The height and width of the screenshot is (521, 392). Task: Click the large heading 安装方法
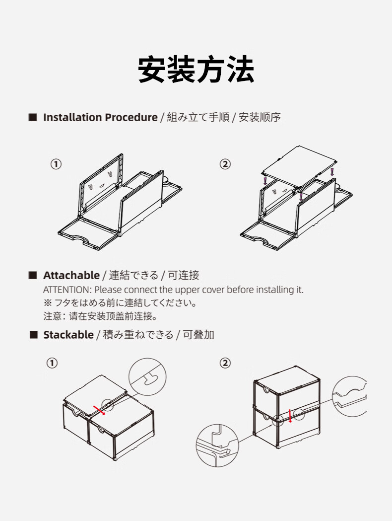[x=196, y=69]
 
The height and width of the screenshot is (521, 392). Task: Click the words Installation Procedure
[x=100, y=118]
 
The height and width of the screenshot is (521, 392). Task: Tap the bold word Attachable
[x=71, y=275]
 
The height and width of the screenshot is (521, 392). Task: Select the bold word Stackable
[x=68, y=335]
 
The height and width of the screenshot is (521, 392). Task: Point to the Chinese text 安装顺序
[x=260, y=118]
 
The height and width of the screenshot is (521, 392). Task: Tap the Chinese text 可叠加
[x=198, y=335]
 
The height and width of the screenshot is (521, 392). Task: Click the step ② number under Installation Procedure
[x=225, y=164]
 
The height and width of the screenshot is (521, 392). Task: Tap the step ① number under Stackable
[x=52, y=363]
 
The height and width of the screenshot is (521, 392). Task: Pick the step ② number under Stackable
[x=225, y=363]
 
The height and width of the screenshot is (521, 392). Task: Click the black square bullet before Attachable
[x=33, y=275]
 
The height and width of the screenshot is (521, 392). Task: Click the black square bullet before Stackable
[x=33, y=335]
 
